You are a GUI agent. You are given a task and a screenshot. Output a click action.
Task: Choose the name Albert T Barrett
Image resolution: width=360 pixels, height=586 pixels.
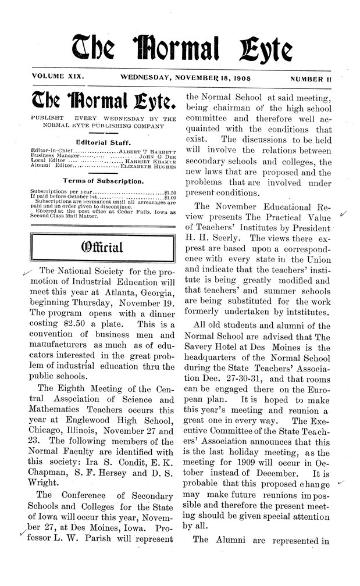click(147, 151)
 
